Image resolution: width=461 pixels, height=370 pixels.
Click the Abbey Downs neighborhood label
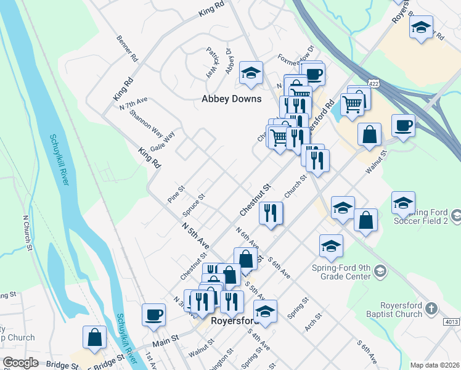[232, 99]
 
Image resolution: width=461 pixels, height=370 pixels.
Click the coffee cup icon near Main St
[153, 315]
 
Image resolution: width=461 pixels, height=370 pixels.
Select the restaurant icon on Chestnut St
[271, 213]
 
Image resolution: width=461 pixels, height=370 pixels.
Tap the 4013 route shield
[451, 322]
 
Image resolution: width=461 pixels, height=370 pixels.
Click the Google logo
[21, 363]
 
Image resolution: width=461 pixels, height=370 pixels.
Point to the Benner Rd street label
[126, 48]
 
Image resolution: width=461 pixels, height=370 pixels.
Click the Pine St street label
[176, 194]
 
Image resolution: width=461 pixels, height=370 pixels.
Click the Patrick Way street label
[213, 60]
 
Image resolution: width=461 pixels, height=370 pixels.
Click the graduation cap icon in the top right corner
[422, 28]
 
